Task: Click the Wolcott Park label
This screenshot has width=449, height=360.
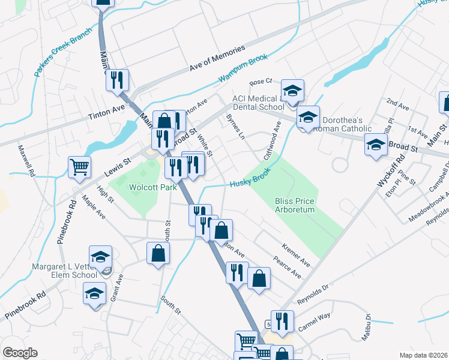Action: (x=150, y=187)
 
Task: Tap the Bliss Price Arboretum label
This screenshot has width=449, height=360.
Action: (x=295, y=205)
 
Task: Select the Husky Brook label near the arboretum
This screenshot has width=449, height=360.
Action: (x=251, y=177)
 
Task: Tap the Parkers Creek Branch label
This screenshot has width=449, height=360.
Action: (x=63, y=52)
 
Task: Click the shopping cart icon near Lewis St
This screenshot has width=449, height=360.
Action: (x=80, y=167)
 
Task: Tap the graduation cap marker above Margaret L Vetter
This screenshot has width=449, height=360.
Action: (x=101, y=257)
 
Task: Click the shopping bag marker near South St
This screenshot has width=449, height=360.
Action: (x=158, y=254)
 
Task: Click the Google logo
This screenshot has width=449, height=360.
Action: (x=20, y=353)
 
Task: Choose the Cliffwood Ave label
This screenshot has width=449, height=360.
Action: (x=271, y=142)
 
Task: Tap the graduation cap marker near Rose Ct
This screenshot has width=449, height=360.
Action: (x=293, y=91)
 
